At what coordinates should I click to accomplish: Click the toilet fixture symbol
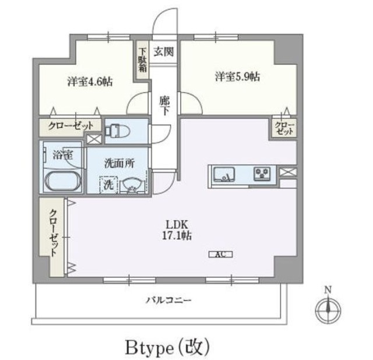pyautogui.click(x=117, y=131)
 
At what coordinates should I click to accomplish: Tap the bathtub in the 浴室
pyautogui.click(x=62, y=181)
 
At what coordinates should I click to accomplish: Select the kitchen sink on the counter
pyautogui.click(x=224, y=175)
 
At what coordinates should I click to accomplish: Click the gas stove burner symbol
pyautogui.click(x=262, y=174)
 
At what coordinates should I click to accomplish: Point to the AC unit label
pyautogui.click(x=220, y=255)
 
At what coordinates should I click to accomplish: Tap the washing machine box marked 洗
pyautogui.click(x=108, y=184)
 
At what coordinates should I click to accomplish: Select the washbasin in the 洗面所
pyautogui.click(x=132, y=185)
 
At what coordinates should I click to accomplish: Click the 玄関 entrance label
pyautogui.click(x=163, y=52)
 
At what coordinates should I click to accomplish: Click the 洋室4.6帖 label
pyautogui.click(x=90, y=82)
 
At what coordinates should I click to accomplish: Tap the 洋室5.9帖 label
pyautogui.click(x=237, y=77)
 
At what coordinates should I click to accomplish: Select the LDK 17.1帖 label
pyautogui.click(x=177, y=230)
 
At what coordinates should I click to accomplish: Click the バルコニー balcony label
pyautogui.click(x=168, y=300)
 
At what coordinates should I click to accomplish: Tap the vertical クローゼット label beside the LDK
pyautogui.click(x=54, y=233)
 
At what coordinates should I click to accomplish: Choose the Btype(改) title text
pyautogui.click(x=167, y=347)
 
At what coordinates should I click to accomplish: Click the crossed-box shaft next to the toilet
pyautogui.click(x=94, y=139)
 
